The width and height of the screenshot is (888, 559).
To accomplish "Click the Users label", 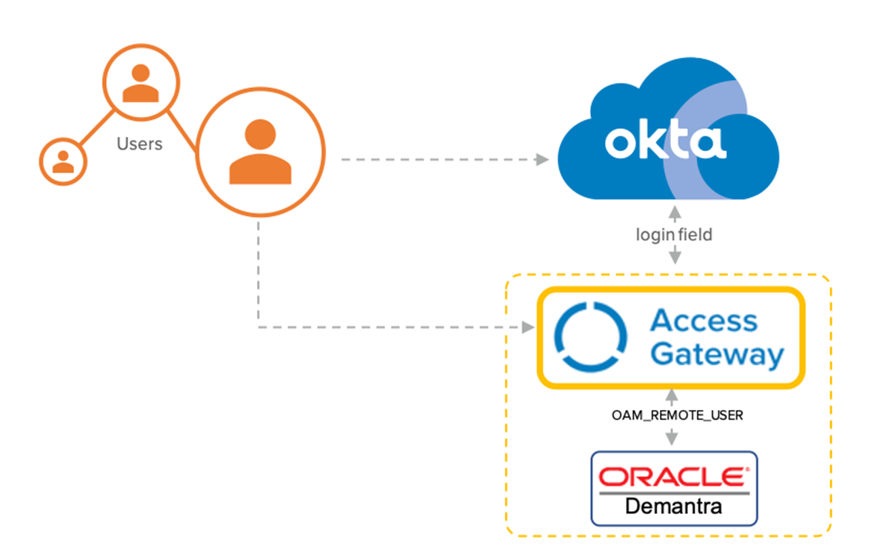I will tap(139, 144).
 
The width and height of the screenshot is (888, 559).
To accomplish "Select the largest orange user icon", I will tap(260, 153).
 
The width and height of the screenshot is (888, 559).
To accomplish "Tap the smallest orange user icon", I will tap(63, 160).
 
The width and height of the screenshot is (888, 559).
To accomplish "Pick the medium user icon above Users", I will tap(141, 82).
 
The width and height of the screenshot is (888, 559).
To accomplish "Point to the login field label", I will tap(674, 235).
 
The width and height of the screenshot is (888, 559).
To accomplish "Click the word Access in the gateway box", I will tap(704, 321).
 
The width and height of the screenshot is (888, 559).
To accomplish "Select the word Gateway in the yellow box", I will tap(717, 355).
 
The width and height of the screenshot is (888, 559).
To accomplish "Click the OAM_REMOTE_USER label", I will tap(677, 416).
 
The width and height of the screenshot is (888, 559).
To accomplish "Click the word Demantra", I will tap(673, 507).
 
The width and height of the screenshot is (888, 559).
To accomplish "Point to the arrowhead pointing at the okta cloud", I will tap(543, 160).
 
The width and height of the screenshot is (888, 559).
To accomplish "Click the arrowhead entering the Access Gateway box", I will tap(527, 327).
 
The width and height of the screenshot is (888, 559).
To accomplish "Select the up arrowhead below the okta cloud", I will tap(674, 212).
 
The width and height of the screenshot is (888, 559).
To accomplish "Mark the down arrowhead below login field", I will tap(675, 257).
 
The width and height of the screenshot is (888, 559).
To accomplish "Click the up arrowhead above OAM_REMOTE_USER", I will tap(672, 395).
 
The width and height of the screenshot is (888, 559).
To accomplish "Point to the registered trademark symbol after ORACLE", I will tap(747, 469).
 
